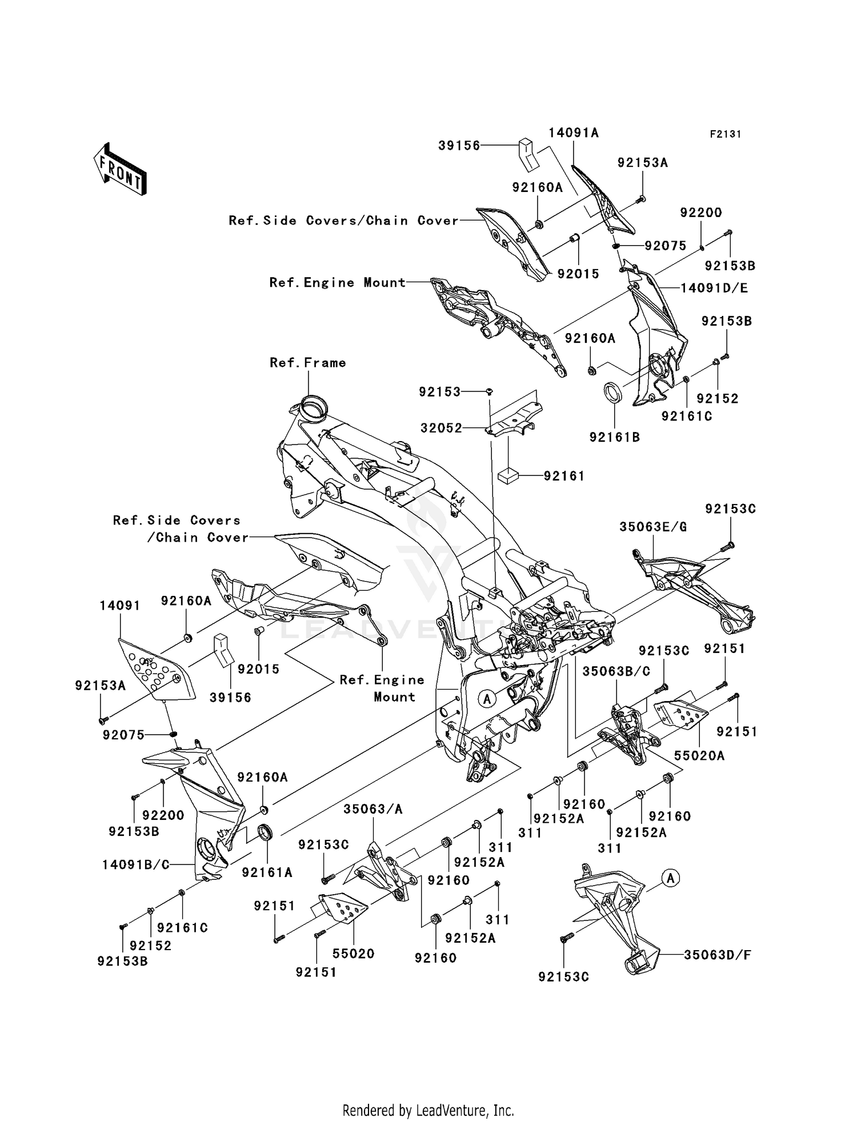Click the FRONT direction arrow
(120, 169)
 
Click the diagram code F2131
(725, 134)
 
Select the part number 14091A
(574, 133)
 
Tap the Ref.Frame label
(308, 363)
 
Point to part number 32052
(441, 427)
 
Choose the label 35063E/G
(653, 527)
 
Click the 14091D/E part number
(714, 288)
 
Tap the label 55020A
(699, 756)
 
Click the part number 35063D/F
(718, 955)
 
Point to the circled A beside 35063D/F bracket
(671, 878)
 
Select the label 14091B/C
(136, 865)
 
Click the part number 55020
(354, 953)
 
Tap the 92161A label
(267, 872)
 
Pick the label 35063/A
(373, 809)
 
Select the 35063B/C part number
(616, 672)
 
